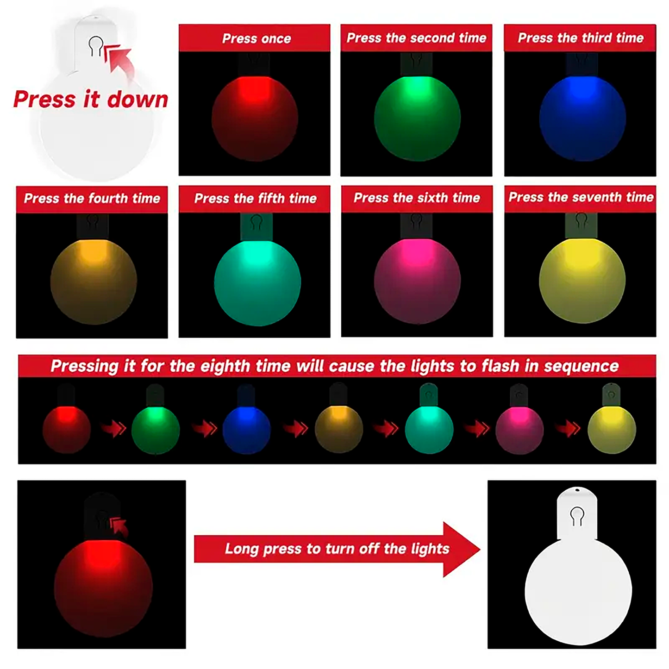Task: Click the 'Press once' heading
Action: [256, 38]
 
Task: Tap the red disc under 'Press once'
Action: [255, 118]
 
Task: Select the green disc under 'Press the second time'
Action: [417, 118]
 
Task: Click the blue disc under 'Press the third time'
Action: [582, 118]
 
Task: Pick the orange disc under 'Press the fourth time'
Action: [94, 281]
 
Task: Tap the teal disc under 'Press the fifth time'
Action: [257, 282]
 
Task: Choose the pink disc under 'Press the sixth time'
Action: [417, 281]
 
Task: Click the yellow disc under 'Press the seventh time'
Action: [582, 281]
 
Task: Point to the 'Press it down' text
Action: [91, 100]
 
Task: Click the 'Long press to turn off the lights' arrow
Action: [337, 549]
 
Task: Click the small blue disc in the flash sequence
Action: [246, 430]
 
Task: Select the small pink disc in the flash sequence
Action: [519, 430]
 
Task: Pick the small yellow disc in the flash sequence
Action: [612, 430]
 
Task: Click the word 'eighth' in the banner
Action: [225, 367]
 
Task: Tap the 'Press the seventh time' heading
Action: [581, 197]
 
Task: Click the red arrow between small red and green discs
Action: [113, 428]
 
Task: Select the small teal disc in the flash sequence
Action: [429, 430]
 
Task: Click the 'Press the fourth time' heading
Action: [92, 198]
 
